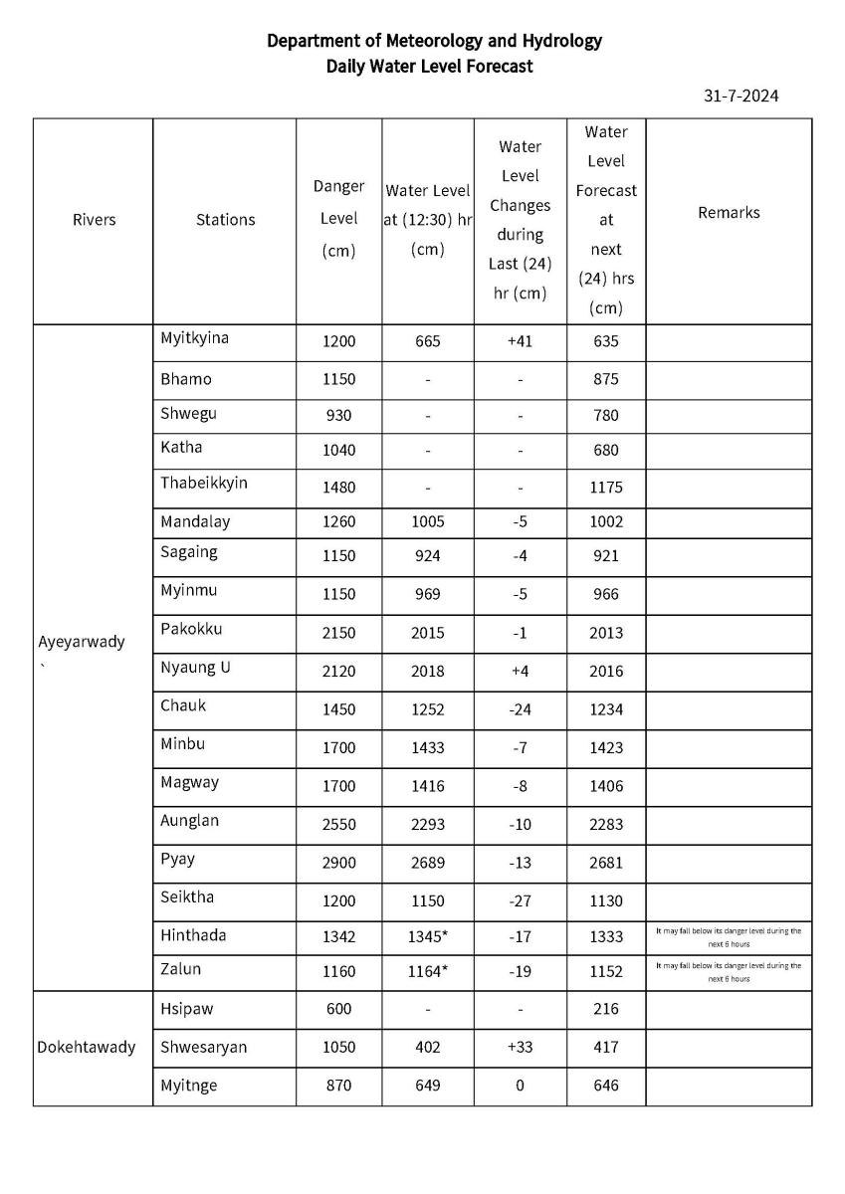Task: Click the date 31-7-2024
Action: (x=740, y=97)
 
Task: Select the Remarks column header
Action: (x=729, y=212)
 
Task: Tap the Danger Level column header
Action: (x=338, y=219)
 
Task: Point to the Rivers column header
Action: (x=94, y=220)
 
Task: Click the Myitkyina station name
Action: (x=195, y=338)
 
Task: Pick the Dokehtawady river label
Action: (x=87, y=1047)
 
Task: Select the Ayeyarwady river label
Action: (x=82, y=642)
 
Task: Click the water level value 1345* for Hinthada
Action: (x=427, y=936)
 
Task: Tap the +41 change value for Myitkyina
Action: (x=520, y=341)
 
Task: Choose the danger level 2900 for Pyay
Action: (x=338, y=863)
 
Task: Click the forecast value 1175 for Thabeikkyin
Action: (x=605, y=488)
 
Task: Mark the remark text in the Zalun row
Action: (x=729, y=972)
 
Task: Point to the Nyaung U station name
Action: (x=196, y=668)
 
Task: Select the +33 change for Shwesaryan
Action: (x=520, y=1047)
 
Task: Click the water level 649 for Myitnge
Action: (x=427, y=1086)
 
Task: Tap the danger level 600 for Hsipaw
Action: (x=338, y=1009)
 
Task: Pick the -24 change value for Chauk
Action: (x=520, y=709)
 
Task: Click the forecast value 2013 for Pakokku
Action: (x=605, y=633)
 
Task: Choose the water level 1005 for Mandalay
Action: (x=427, y=521)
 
